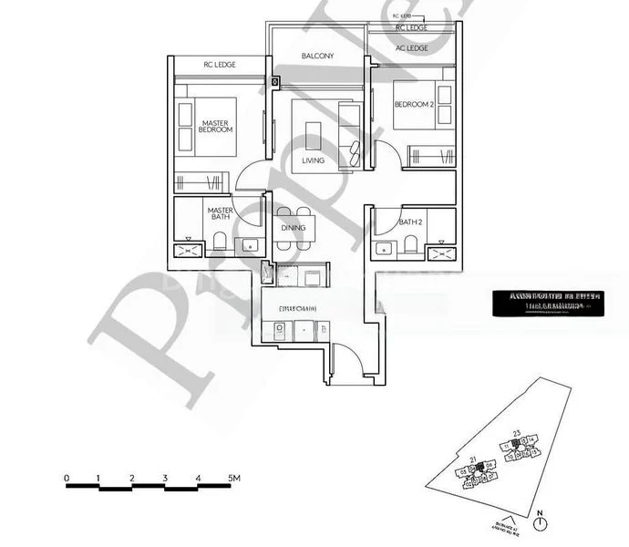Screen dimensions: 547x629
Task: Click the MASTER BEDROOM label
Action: (x=216, y=126)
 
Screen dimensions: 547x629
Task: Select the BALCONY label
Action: (x=317, y=57)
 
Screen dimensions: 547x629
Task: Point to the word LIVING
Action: (x=313, y=160)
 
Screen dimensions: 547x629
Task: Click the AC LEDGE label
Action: (x=411, y=48)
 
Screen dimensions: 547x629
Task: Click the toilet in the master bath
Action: (x=220, y=243)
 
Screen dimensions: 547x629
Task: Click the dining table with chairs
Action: (x=294, y=231)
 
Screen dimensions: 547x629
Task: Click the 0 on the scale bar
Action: (x=67, y=477)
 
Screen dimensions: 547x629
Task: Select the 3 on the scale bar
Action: (x=165, y=477)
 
